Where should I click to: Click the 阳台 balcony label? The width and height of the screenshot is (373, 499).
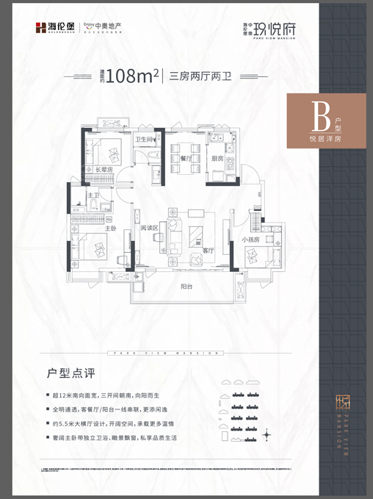click(x=189, y=287)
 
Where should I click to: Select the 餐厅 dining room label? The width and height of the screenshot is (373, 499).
click(x=185, y=157)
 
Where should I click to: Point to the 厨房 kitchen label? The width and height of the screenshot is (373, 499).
click(x=217, y=157)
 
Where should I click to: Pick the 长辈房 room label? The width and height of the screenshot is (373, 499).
click(x=105, y=170)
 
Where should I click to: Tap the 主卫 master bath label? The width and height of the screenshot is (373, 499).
click(x=94, y=195)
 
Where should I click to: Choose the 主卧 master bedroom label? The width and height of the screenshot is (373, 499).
click(x=110, y=228)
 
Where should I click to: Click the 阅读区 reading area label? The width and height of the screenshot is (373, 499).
click(x=151, y=228)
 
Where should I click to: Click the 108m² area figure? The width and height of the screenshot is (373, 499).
click(x=133, y=76)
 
